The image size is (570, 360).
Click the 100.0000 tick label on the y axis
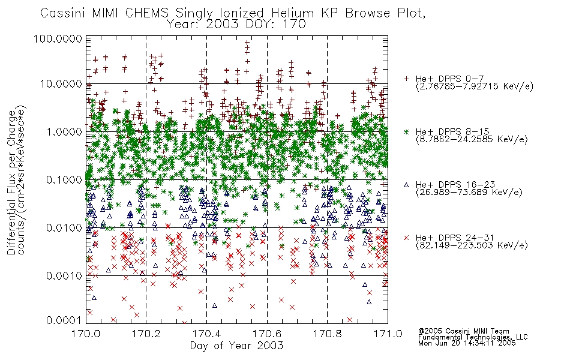pyautogui.click(x=58, y=38)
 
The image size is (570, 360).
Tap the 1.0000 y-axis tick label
pyautogui.click(x=64, y=131)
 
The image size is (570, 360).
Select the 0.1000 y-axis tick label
pyautogui.click(x=64, y=179)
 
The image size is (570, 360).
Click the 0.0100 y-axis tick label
pyautogui.click(x=64, y=227)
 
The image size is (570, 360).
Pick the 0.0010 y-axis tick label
pyautogui.click(x=64, y=275)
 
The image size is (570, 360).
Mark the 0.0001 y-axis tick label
pyautogui.click(x=64, y=320)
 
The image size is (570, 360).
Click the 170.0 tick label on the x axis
pyautogui.click(x=86, y=334)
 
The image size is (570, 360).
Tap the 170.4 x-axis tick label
pyautogui.click(x=206, y=334)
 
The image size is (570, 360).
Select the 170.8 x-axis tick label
pyautogui.click(x=327, y=334)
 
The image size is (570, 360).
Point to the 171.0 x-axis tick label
pyautogui.click(x=388, y=334)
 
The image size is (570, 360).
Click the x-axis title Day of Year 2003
pyautogui.click(x=236, y=346)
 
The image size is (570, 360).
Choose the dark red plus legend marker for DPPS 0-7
pyautogui.click(x=406, y=78)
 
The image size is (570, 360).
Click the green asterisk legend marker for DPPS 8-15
pyautogui.click(x=406, y=131)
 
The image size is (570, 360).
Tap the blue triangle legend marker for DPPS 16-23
pyautogui.click(x=406, y=185)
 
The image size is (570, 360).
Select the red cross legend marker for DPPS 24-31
pyautogui.click(x=406, y=238)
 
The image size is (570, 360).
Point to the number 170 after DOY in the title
pyautogui.click(x=294, y=24)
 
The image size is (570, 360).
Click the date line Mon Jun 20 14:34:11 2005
pyautogui.click(x=467, y=343)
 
